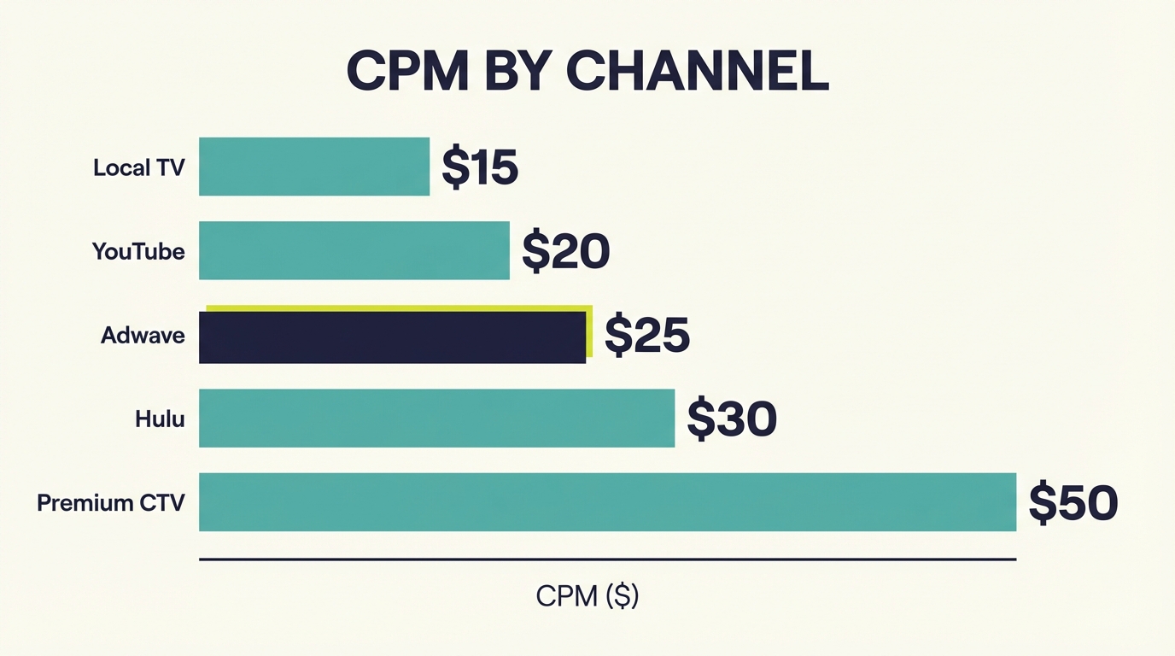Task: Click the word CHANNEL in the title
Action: (x=697, y=73)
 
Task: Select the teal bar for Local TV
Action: (x=314, y=167)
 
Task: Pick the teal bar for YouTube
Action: (x=354, y=250)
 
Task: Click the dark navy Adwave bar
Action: (x=392, y=338)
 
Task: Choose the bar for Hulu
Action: (x=436, y=418)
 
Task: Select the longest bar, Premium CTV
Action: (x=607, y=501)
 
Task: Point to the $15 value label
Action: (x=479, y=167)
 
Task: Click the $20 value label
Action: (x=565, y=251)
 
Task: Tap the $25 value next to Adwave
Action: (x=646, y=335)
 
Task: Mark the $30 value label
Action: (x=732, y=419)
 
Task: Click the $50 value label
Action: (x=1073, y=502)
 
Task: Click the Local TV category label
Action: (x=139, y=167)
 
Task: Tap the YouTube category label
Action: (x=138, y=251)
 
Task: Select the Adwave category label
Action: (x=143, y=335)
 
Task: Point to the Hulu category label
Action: (x=160, y=419)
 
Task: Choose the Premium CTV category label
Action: (x=111, y=502)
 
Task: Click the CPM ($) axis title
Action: (x=587, y=595)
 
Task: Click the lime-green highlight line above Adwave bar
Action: (x=398, y=307)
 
